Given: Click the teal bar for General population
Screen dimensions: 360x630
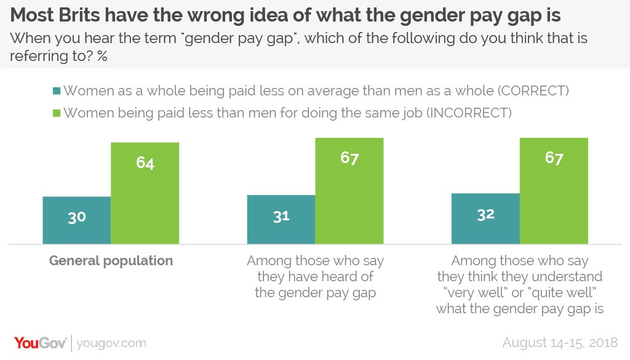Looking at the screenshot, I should (76, 220).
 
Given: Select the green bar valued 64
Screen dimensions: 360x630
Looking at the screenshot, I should (145, 193).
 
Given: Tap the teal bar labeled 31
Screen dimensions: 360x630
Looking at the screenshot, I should (281, 219).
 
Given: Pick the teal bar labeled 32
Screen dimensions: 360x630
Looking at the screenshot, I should (485, 218).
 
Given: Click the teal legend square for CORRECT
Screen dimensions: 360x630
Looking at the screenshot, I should (57, 91).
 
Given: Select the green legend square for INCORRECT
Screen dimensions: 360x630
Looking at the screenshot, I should (57, 113).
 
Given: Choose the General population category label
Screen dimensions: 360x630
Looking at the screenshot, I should (111, 260).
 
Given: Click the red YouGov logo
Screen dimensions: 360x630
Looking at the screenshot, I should (41, 342).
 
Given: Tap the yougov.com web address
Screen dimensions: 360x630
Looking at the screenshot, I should (112, 343).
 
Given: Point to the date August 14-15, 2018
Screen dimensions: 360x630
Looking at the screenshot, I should (561, 343).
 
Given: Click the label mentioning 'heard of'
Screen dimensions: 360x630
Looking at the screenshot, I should (315, 276).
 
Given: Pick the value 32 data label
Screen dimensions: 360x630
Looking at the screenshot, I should (485, 214).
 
